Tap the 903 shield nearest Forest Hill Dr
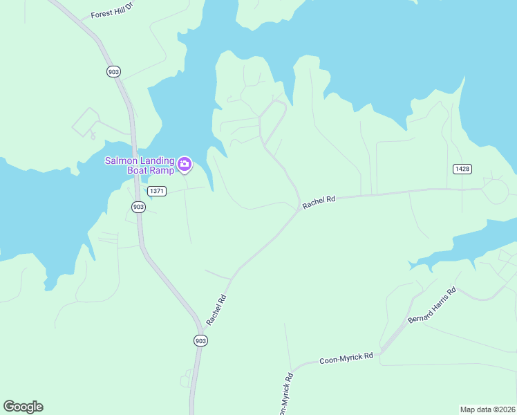click(x=114, y=71)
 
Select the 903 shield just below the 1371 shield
click(x=138, y=207)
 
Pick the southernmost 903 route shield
click(x=200, y=340)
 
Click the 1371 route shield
click(x=156, y=191)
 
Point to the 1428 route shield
click(x=462, y=169)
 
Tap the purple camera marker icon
click(x=185, y=164)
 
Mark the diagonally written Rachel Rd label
click(x=217, y=310)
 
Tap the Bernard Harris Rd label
click(x=433, y=305)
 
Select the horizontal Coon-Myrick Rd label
click(x=346, y=359)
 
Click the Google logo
click(x=23, y=407)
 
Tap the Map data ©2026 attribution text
click(x=487, y=409)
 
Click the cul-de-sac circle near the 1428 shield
click(x=495, y=190)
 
